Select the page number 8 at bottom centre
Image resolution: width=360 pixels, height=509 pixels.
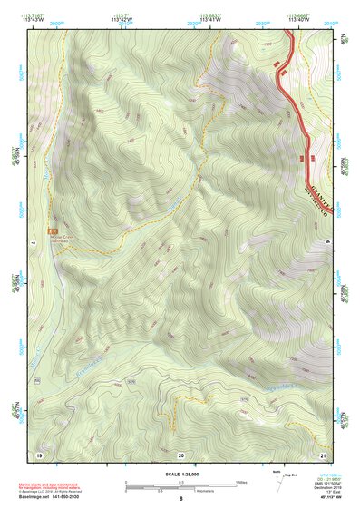coord(180,500)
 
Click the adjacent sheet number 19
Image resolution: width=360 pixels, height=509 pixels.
coord(39,454)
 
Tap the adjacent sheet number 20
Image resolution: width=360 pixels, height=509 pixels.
coord(180,454)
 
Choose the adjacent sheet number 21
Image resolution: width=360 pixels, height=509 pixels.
coord(322,454)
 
